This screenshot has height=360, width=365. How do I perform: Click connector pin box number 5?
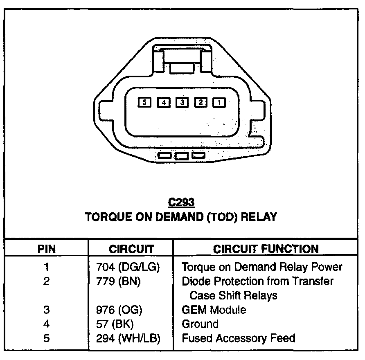[x=145, y=102]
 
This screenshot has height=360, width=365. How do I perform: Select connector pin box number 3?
[x=182, y=102]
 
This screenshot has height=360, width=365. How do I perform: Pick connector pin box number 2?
[x=201, y=102]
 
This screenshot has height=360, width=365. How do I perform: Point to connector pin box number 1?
[x=219, y=102]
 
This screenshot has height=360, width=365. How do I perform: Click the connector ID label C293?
[x=181, y=202]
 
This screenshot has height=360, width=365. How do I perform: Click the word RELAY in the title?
[x=258, y=216]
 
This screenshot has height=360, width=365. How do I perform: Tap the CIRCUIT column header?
[x=131, y=249]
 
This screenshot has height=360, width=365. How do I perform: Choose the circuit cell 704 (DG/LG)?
[x=127, y=267]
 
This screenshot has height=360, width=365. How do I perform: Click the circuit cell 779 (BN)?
[x=118, y=281]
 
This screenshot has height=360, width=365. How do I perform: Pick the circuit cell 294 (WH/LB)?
[x=128, y=338]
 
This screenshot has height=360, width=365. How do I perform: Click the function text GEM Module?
[x=214, y=310]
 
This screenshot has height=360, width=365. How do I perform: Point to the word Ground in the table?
[x=200, y=324]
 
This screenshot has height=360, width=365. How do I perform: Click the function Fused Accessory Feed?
[x=238, y=338]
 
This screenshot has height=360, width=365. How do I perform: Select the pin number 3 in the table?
[x=46, y=310]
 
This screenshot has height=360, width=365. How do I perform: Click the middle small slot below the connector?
[x=181, y=155]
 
